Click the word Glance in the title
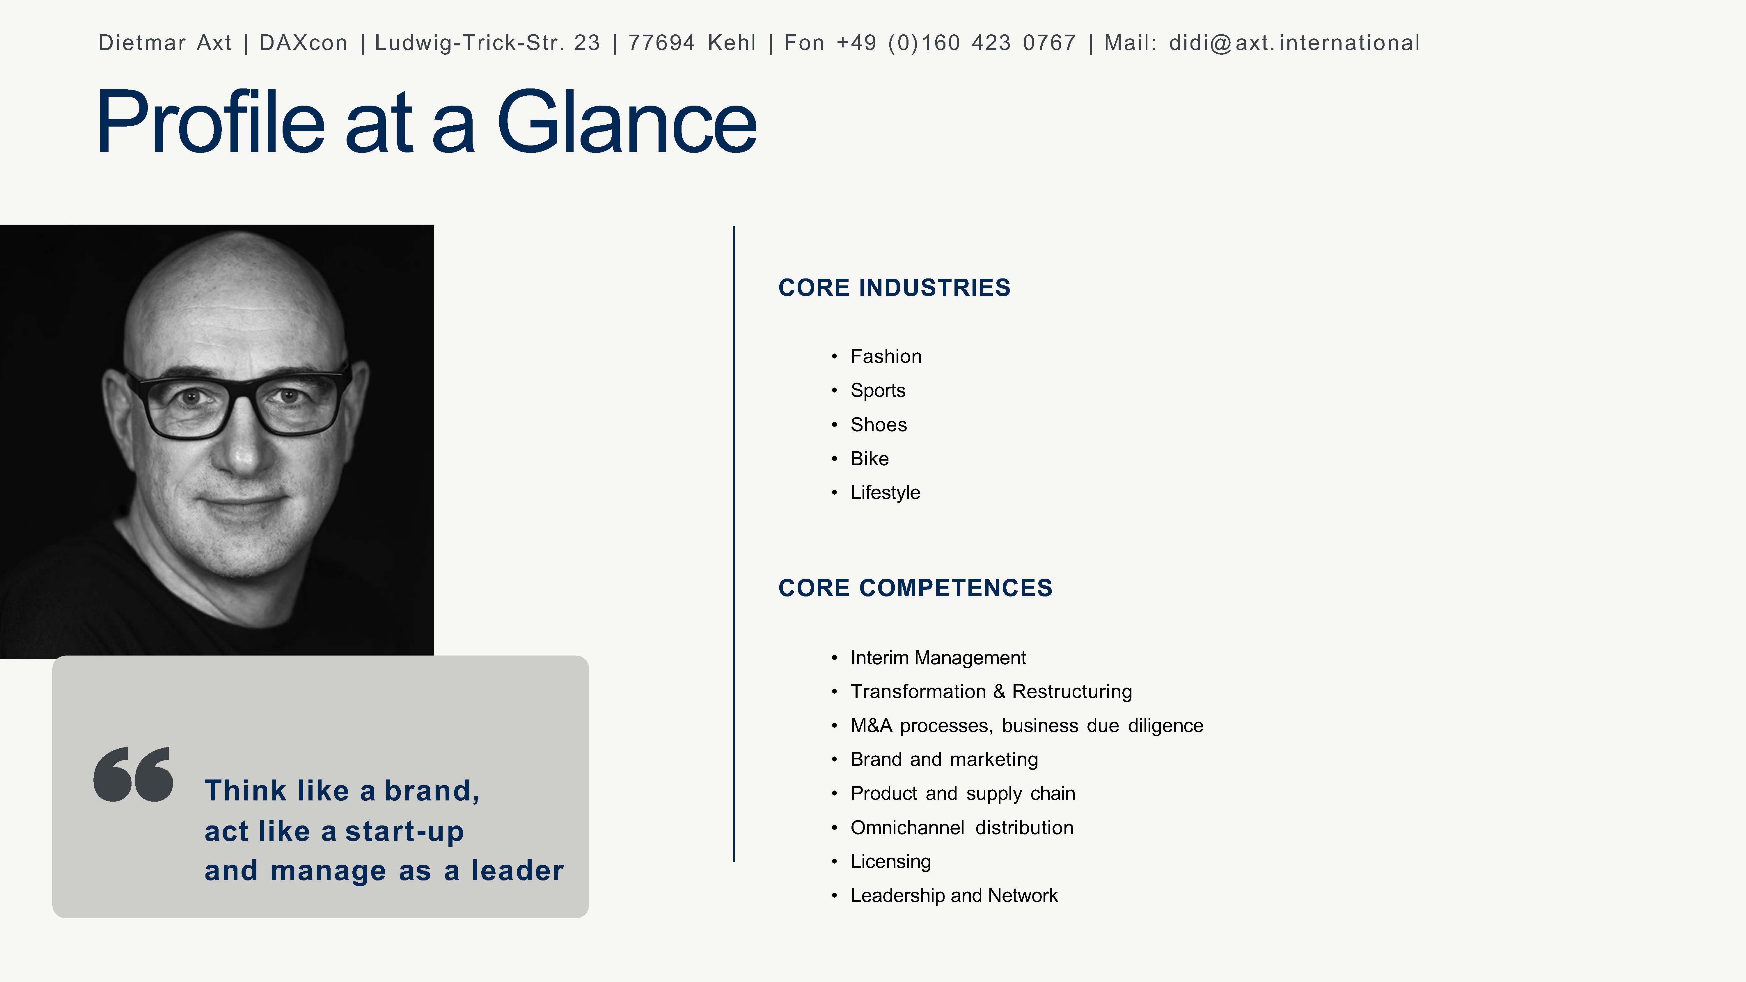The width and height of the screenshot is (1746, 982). (x=627, y=122)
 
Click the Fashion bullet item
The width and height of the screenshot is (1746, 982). (x=886, y=356)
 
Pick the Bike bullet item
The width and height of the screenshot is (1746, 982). (x=870, y=459)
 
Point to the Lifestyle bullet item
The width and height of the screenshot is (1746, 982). (x=885, y=493)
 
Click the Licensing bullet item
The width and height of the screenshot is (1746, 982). (x=891, y=861)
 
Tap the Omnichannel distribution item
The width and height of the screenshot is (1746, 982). (x=962, y=827)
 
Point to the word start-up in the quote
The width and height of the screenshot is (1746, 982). (x=405, y=832)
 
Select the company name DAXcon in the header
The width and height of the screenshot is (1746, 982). (x=303, y=43)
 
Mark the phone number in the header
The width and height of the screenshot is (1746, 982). (x=956, y=43)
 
